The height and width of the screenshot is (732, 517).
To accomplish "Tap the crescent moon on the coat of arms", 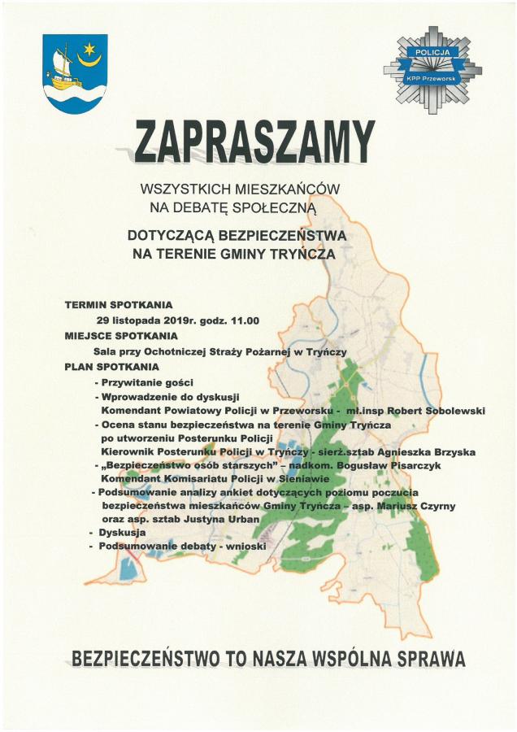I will pos(88,56).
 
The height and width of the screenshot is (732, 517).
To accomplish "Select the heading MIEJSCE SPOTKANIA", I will pos(121,335).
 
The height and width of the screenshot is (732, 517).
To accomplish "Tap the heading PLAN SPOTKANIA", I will pos(111,367).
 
